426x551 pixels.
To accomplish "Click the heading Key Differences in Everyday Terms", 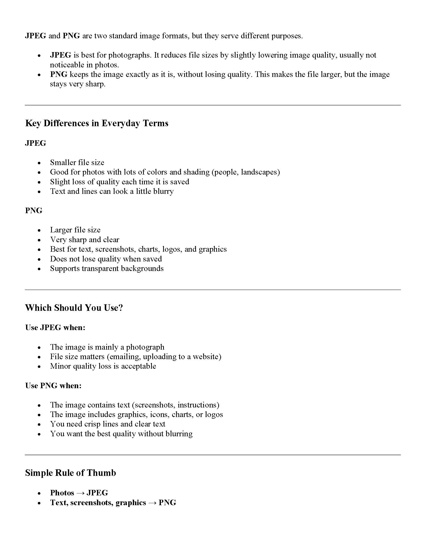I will [x=97, y=123].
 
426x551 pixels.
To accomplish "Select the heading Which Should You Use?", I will [x=74, y=308].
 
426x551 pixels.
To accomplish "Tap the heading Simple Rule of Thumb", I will [x=70, y=473].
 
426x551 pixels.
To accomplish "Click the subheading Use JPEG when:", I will [x=55, y=328].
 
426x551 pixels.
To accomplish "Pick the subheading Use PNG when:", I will [x=53, y=385].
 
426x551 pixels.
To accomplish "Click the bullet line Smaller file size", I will [x=77, y=162].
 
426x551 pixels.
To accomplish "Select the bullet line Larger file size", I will [x=75, y=230].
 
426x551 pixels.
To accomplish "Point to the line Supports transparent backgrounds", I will [x=107, y=268].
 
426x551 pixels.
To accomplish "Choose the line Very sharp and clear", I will [x=84, y=239].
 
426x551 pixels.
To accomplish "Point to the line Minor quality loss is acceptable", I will [x=103, y=366].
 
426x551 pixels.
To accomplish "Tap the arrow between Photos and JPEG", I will [x=80, y=493].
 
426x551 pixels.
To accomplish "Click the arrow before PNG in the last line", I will [x=152, y=503].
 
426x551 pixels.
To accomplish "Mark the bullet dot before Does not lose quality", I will [x=39, y=259].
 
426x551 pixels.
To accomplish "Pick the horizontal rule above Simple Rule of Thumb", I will [x=213, y=455].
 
